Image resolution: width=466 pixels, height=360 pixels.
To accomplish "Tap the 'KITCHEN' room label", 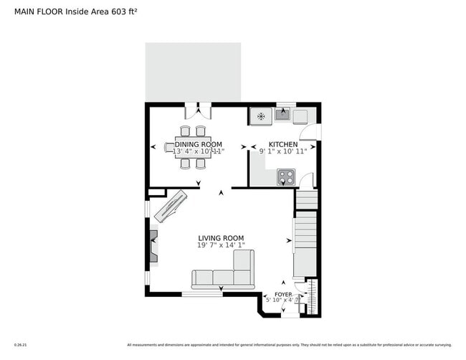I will [x=283, y=144].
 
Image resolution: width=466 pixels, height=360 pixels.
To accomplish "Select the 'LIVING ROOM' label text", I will [x=221, y=238].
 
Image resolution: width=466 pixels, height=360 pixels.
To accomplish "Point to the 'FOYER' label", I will [x=283, y=294].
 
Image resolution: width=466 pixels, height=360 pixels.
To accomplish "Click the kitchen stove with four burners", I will [x=286, y=176].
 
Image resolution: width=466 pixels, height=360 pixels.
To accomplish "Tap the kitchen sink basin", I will [x=284, y=114].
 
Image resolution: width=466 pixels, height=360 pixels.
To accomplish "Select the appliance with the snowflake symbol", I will [x=262, y=115].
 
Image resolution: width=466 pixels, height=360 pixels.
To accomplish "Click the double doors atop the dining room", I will [x=199, y=111].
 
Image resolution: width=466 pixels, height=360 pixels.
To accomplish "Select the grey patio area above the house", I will [x=193, y=72].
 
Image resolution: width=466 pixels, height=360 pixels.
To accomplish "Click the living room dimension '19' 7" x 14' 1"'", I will [x=221, y=245].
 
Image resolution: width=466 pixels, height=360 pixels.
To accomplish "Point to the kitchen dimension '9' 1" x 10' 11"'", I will [x=283, y=151].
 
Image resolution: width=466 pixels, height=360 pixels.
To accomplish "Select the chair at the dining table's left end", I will [x=169, y=148].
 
